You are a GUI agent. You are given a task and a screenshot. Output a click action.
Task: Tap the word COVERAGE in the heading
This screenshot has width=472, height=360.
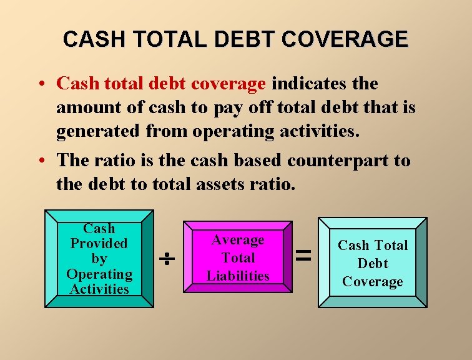345,40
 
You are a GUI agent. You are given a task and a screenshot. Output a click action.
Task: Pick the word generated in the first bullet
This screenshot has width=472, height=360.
99,132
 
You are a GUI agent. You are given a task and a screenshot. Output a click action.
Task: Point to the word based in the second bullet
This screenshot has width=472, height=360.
259,161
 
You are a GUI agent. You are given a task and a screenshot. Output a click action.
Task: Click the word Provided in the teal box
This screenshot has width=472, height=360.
99,244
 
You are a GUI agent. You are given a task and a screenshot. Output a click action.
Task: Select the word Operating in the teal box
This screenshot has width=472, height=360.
99,274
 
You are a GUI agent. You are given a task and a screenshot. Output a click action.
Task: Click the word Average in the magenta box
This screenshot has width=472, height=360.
238,240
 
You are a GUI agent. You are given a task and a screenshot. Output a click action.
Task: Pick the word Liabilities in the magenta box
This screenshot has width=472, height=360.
238,276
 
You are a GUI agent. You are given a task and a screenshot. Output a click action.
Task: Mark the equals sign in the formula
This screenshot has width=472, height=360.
303,254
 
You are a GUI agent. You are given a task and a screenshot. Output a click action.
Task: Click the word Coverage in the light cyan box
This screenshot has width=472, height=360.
373,282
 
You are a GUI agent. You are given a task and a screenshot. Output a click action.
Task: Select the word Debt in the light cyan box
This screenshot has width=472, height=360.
373,264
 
